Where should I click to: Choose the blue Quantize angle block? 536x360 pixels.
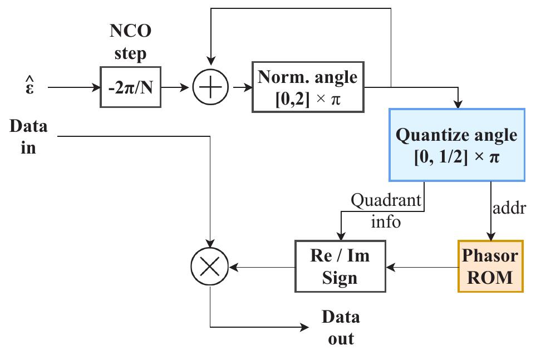pos(456,145)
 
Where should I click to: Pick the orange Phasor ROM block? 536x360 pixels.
pos(490,267)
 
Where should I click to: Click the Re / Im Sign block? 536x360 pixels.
pos(340,267)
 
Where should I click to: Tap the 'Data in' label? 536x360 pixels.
pos(28,136)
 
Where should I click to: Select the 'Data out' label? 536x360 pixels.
pos(341,327)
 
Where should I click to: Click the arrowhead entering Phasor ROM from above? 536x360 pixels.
pos(490,236)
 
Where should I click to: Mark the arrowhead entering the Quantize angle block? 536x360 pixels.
pos(458,103)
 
